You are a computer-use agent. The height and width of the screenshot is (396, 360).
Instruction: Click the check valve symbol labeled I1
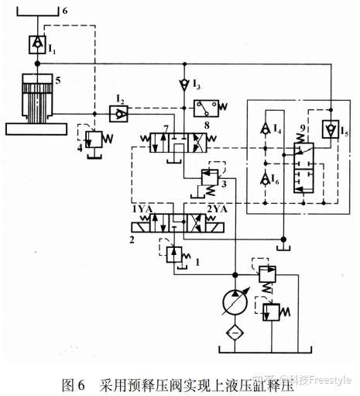(x=37, y=45)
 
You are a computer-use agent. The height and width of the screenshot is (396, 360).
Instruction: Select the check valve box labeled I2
(x=118, y=114)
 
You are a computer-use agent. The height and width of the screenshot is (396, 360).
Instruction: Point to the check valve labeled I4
(x=265, y=129)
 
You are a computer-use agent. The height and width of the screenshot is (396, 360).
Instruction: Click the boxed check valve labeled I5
(x=331, y=129)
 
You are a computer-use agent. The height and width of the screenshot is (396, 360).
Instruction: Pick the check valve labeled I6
(x=265, y=180)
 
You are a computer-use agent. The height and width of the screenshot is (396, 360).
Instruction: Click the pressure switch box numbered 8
(x=206, y=108)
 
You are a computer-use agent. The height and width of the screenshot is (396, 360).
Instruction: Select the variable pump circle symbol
(x=235, y=302)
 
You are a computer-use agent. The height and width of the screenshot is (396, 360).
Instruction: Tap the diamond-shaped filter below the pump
(x=235, y=332)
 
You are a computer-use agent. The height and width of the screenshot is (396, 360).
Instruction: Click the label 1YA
(x=142, y=209)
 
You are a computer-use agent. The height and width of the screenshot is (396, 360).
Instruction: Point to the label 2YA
(x=217, y=209)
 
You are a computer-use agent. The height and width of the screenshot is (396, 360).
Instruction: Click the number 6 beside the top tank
(x=65, y=11)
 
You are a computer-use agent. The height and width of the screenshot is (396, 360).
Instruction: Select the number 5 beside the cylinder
(x=58, y=81)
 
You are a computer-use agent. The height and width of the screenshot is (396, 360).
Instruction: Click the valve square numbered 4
(x=94, y=139)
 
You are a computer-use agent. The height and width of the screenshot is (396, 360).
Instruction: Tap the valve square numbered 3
(x=210, y=177)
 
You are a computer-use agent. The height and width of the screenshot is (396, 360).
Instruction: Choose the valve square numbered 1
(x=174, y=255)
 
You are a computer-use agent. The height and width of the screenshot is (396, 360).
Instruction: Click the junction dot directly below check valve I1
(x=37, y=64)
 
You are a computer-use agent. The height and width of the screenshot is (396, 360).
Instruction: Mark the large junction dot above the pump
(x=235, y=274)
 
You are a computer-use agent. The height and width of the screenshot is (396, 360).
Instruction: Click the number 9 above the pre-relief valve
(x=303, y=128)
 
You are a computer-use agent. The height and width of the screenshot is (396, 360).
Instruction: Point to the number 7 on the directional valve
(x=166, y=129)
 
